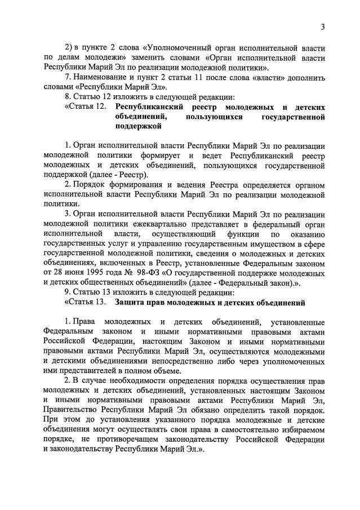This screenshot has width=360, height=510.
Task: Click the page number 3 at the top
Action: (323, 26)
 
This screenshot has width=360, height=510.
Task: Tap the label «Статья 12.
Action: (85, 107)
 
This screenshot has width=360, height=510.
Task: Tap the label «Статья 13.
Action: (85, 303)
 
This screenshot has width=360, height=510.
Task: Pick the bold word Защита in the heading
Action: (131, 303)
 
